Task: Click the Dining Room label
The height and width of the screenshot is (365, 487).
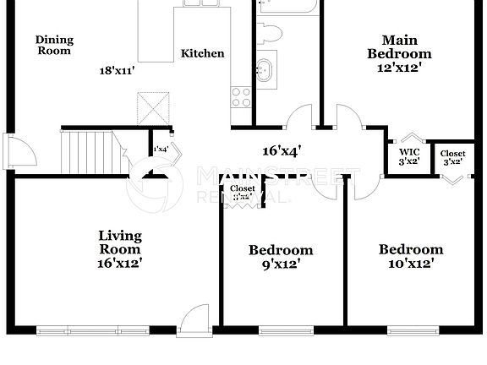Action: click(x=54, y=45)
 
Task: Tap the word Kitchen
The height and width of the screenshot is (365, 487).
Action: click(x=203, y=53)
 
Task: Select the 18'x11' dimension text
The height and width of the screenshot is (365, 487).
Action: click(x=118, y=72)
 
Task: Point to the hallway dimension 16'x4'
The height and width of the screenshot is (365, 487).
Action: click(x=282, y=151)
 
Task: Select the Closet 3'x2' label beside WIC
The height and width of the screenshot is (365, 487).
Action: click(x=451, y=157)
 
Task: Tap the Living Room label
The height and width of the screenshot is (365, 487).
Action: click(x=120, y=248)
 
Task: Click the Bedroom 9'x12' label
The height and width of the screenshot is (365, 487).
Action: click(x=281, y=256)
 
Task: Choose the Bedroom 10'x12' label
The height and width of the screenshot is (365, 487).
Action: click(x=410, y=256)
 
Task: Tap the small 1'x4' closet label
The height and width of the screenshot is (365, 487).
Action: click(x=160, y=150)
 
